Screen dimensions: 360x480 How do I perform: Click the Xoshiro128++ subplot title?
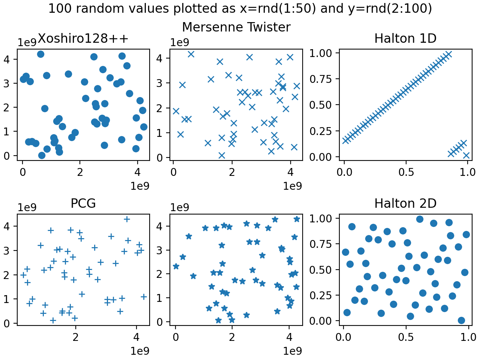[83, 38]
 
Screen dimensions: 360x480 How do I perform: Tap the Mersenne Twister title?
[236, 27]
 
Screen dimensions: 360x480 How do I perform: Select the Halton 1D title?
[405, 38]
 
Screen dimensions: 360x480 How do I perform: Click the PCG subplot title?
[83, 203]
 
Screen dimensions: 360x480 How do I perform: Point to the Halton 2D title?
[405, 203]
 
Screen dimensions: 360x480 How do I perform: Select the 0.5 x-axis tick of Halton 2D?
[406, 337]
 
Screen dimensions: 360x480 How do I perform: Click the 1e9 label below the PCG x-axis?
[140, 351]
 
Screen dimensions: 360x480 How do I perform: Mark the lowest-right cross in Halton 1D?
[466, 155]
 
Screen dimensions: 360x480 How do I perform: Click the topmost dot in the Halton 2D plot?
[420, 219]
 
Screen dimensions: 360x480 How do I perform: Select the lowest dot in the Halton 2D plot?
[461, 320]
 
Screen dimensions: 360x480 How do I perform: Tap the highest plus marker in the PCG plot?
[127, 219]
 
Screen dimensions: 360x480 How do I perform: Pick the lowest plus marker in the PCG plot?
[53, 320]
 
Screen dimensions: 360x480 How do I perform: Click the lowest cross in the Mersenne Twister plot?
[222, 155]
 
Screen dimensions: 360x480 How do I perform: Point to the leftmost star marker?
[176, 266]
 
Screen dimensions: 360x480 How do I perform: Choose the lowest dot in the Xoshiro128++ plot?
[42, 155]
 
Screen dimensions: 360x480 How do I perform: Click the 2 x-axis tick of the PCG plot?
[76, 337]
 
